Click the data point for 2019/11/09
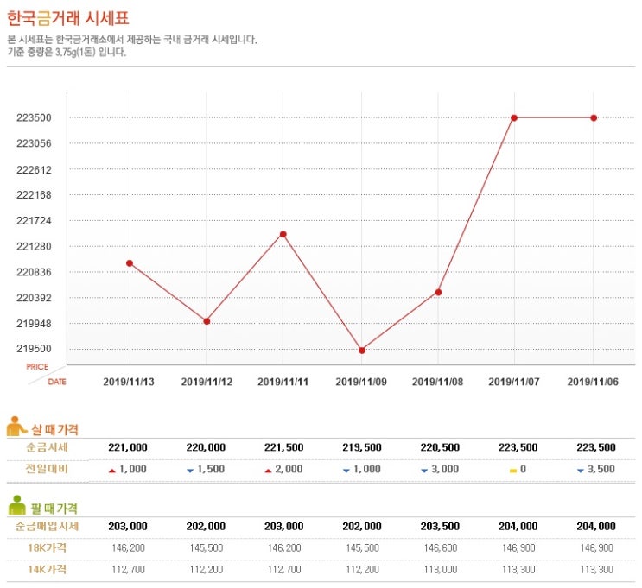coord(361,350)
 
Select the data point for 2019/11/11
coord(283,234)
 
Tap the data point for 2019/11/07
coord(515,117)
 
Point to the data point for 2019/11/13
coord(130,262)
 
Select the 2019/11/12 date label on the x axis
coord(207,381)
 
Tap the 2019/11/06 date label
coord(593,381)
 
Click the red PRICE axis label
coord(37,367)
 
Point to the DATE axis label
coord(56,381)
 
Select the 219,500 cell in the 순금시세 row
coord(361,447)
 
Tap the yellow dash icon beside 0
coord(512,470)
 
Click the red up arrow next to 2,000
coord(268,470)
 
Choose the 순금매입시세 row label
coord(47,526)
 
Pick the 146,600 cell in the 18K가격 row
coord(439,547)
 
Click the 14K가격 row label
coord(47,569)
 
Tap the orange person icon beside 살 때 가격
coord(16,427)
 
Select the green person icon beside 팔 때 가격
coord(16,506)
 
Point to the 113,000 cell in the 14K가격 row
coord(439,569)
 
